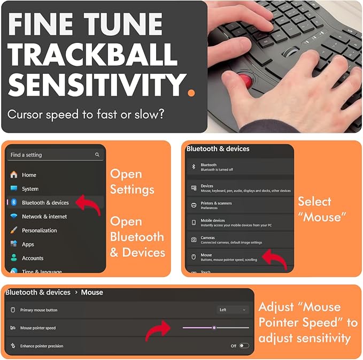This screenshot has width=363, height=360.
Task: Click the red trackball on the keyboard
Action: coord(245,80)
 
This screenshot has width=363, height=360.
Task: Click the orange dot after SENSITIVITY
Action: coord(191,93)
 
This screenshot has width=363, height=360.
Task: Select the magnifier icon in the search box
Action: coord(97,155)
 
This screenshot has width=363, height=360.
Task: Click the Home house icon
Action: coord(14,174)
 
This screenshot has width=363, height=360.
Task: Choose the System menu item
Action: coord(30,189)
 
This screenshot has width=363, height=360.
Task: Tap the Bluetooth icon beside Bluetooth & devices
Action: coord(14,202)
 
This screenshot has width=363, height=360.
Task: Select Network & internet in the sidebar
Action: coord(44,217)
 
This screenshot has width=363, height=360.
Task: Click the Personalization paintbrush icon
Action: coord(14,230)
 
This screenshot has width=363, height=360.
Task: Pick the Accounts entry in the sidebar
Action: coord(33,258)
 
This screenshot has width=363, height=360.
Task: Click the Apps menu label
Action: coord(28,244)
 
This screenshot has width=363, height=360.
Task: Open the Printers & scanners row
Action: coord(240,205)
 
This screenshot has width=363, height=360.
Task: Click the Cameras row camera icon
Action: coord(194,240)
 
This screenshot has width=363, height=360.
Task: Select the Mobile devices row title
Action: coord(213,220)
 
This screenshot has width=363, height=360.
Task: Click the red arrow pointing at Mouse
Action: coord(275,259)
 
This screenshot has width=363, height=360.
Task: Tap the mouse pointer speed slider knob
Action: coord(214,327)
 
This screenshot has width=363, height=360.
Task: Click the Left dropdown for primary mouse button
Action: coord(233,310)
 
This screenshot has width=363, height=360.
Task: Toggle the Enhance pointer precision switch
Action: coord(244,346)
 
